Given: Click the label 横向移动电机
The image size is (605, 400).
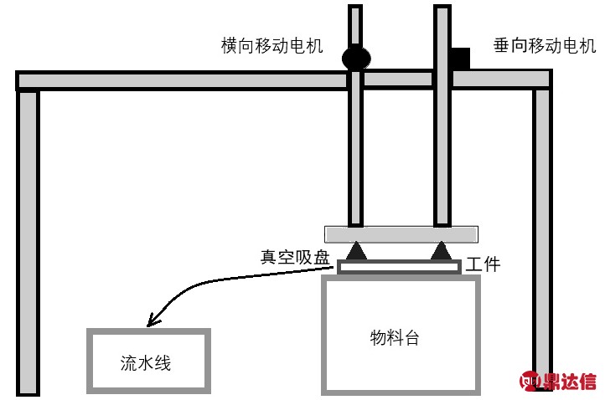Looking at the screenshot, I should point(272,46).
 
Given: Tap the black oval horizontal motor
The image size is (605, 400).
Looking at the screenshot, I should point(355,58).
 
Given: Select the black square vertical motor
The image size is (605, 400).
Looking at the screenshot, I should point(460,58).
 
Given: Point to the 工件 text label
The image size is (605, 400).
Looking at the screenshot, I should point(483,264).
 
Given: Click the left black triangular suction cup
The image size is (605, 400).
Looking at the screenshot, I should point(356,249).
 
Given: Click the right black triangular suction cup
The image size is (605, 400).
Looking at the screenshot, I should point(441,249).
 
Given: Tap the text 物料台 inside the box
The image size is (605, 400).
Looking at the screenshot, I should point(394,338).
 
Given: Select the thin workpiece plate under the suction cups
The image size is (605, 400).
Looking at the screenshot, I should point(400,267).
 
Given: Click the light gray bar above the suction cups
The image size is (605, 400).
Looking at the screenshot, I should point(401,233).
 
